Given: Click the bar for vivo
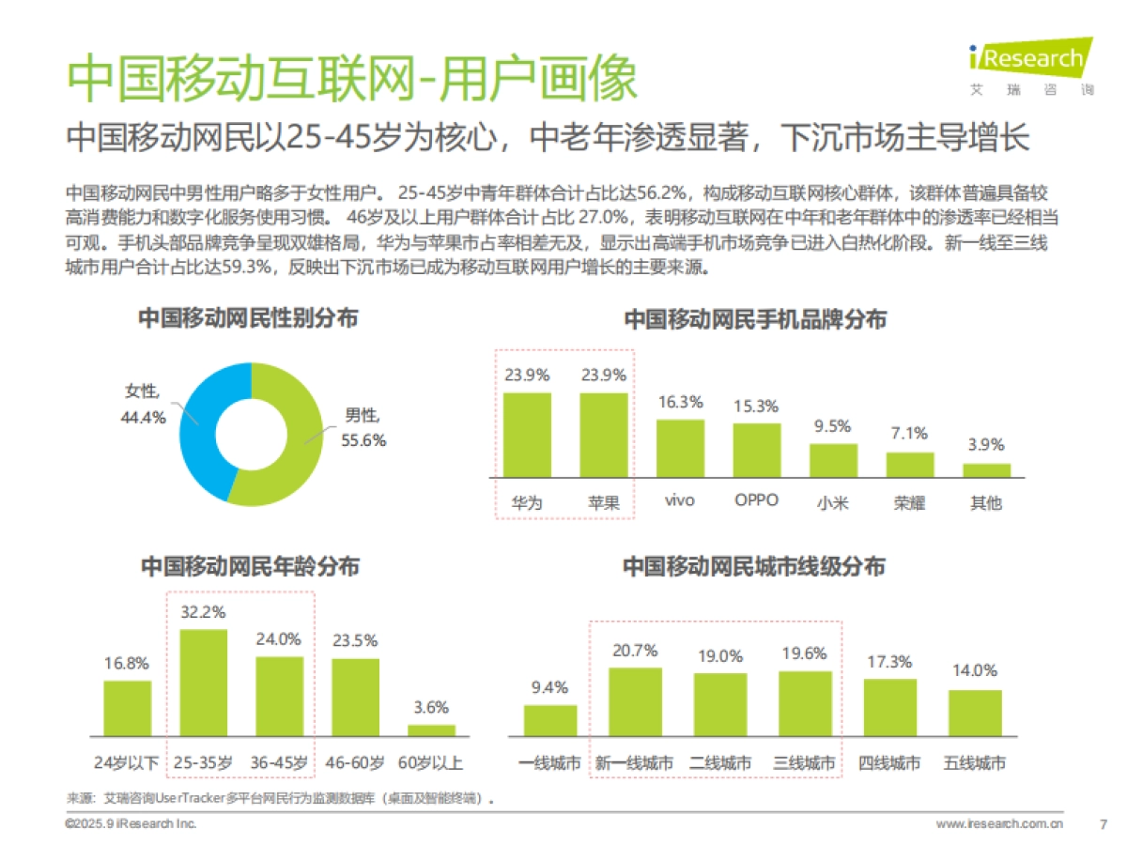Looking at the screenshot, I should tap(680, 449).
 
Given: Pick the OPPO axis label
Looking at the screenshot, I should tap(756, 500).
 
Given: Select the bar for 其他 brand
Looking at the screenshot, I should tap(986, 469).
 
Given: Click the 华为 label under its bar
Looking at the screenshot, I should tap(527, 501).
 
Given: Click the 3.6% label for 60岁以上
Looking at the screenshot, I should tap(431, 707).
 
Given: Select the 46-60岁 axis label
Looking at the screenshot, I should tap(354, 763).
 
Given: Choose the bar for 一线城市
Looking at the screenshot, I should tap(549, 720).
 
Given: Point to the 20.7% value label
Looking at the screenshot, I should tap(635, 650).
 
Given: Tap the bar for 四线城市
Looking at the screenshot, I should tap(889, 707).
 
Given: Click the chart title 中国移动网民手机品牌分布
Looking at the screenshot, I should tap(755, 320).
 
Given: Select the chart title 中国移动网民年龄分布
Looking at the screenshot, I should tap(250, 567).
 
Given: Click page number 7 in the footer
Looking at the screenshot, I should tap(1103, 823).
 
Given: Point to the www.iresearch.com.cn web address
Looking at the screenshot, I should tap(999, 823).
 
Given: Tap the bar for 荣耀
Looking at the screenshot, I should tap(910, 466).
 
